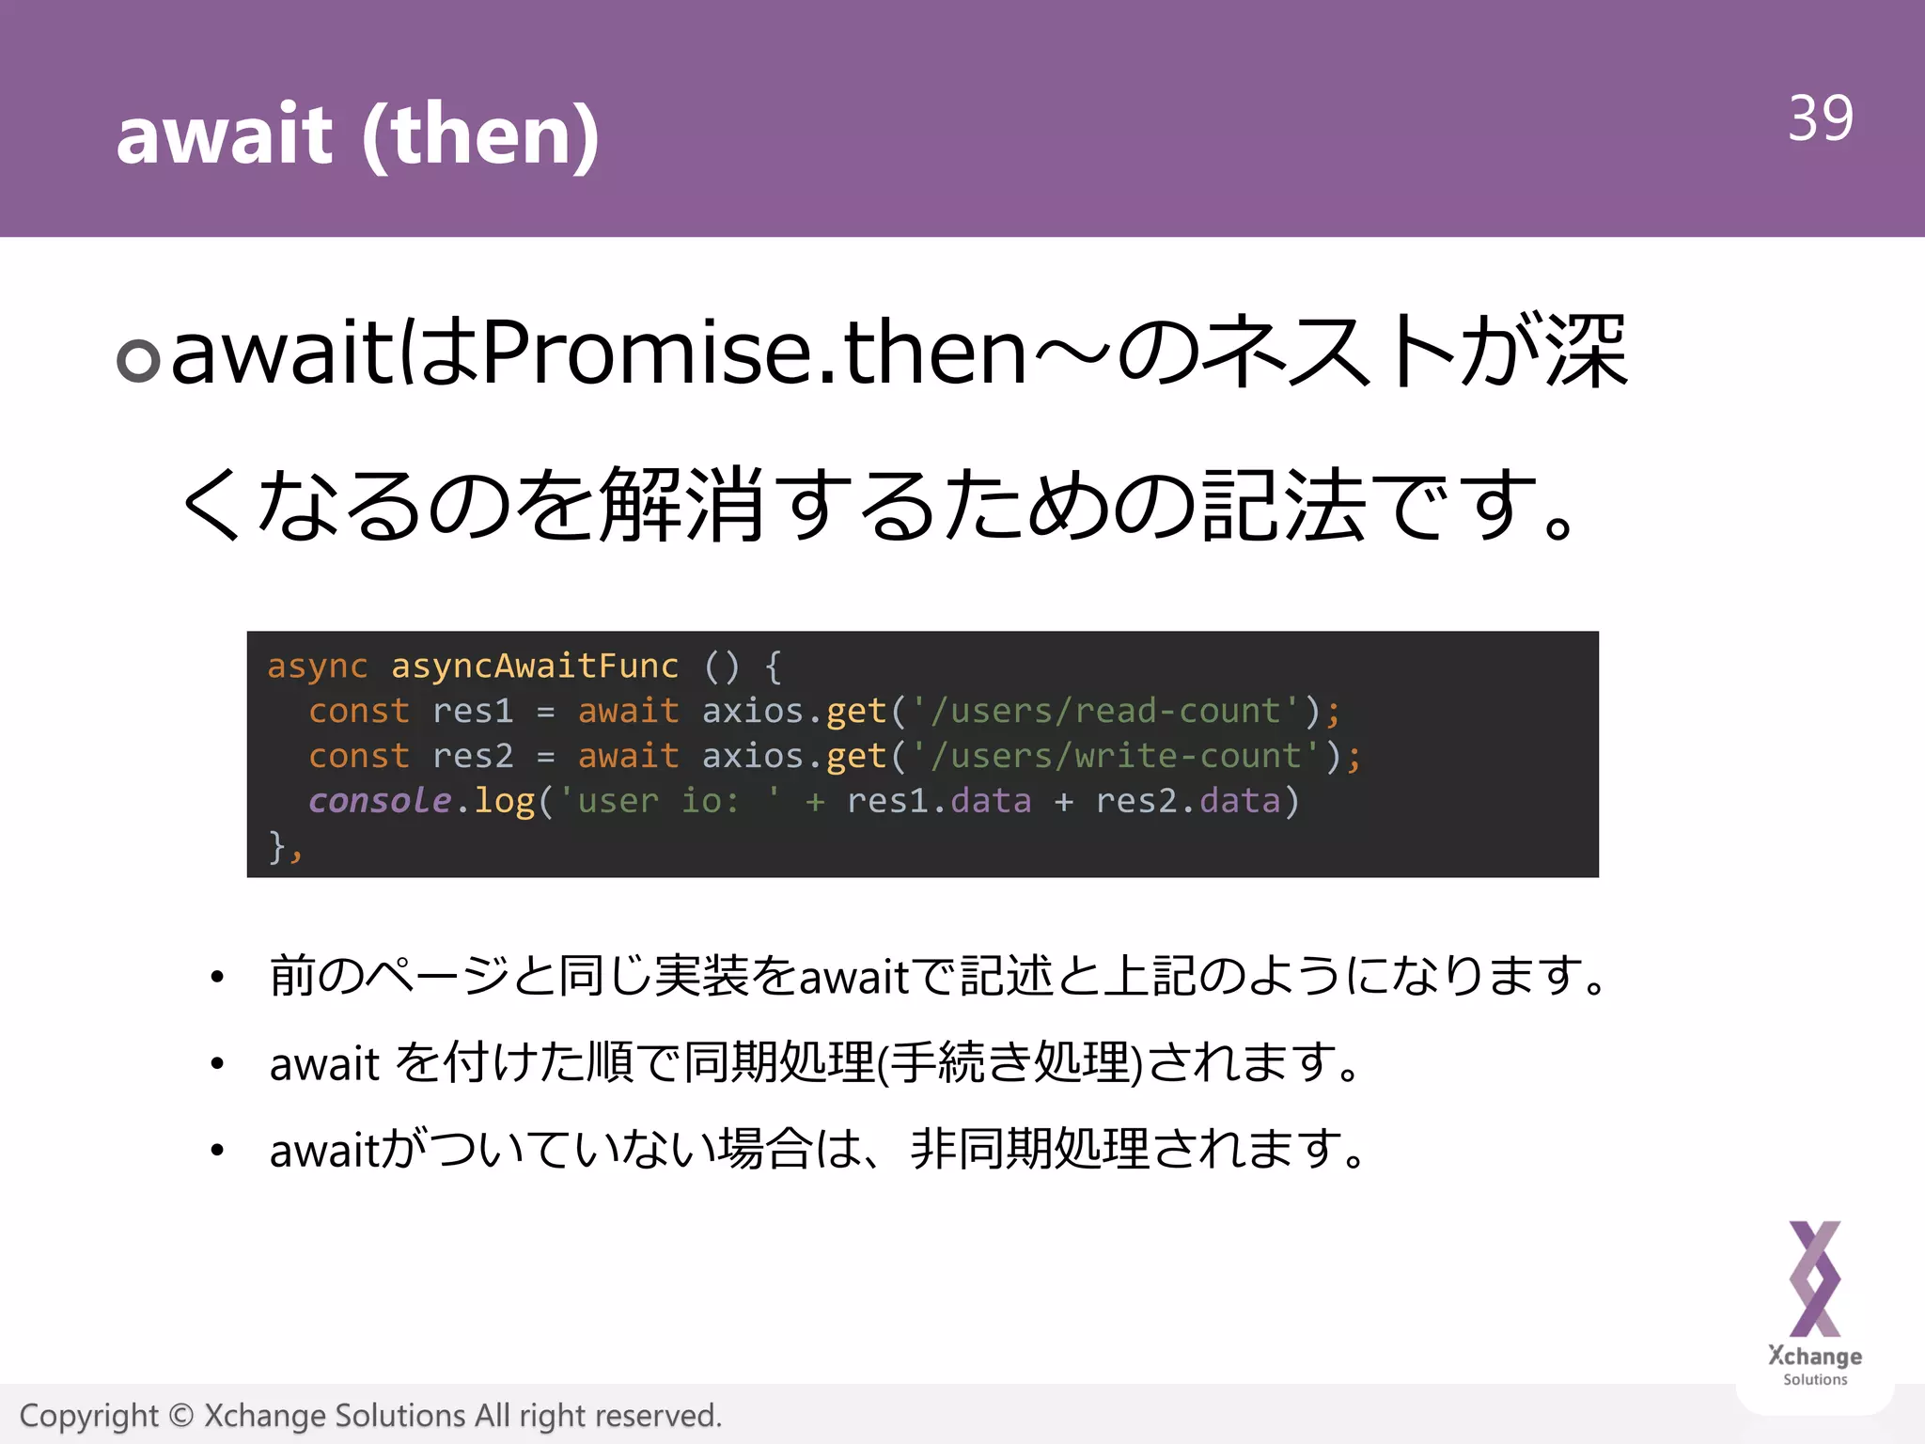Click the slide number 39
[x=1820, y=119]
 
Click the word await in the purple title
[x=224, y=134]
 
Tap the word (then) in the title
[x=480, y=136]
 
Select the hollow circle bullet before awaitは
[x=138, y=360]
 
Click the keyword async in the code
[x=317, y=666]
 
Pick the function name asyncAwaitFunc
[x=534, y=666]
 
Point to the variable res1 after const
[x=473, y=711]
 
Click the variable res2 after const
[x=473, y=756]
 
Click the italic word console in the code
[x=380, y=800]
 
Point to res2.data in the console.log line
[x=1188, y=801]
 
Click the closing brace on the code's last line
[x=277, y=845]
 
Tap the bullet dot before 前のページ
[x=217, y=978]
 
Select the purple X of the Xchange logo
[x=1814, y=1279]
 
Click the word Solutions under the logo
[x=1814, y=1379]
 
